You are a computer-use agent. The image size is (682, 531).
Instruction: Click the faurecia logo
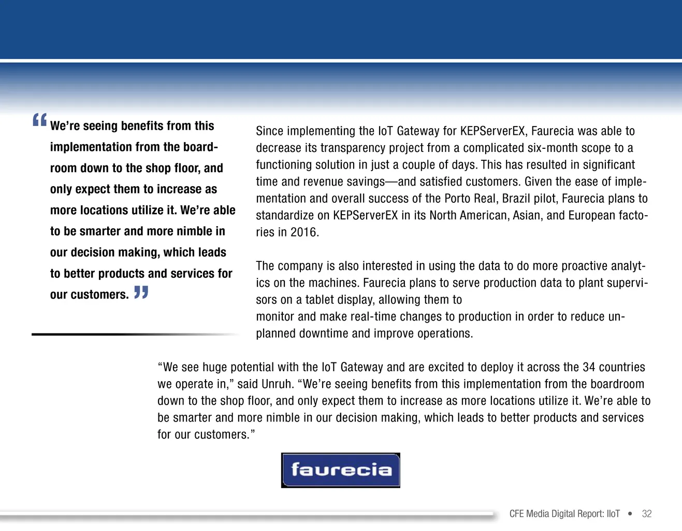point(340,470)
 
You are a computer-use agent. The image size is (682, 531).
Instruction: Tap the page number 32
point(647,514)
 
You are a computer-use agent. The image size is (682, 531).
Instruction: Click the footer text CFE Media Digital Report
point(564,514)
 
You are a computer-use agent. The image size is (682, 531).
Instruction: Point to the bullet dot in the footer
point(630,514)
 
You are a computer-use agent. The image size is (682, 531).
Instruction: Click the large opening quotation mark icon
point(39,120)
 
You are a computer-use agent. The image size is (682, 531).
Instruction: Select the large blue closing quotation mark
point(141,292)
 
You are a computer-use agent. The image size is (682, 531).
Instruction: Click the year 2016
point(304,232)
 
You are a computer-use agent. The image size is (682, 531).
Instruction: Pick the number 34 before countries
point(589,367)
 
